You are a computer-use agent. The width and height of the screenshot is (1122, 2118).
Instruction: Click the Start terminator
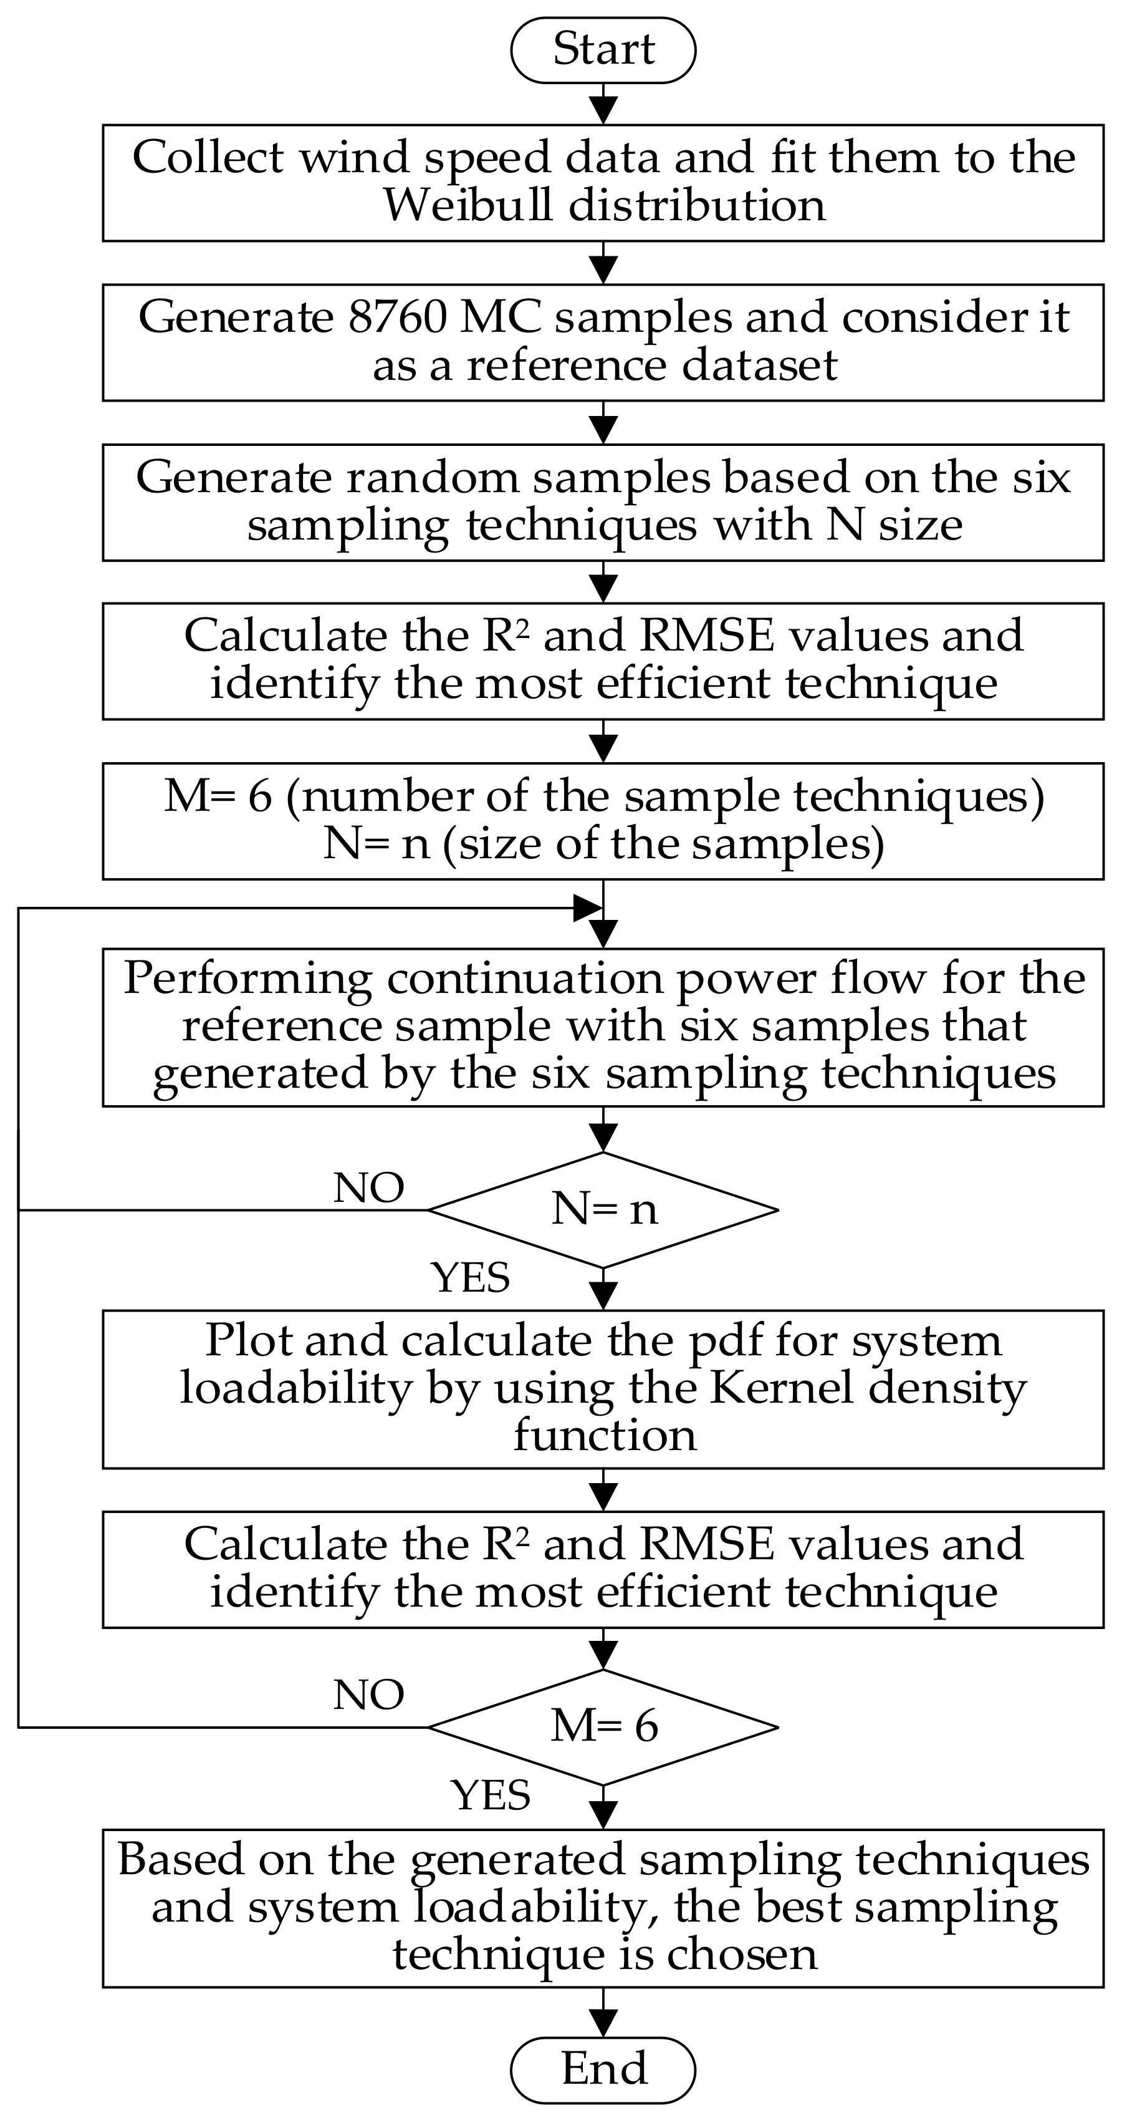pyautogui.click(x=603, y=49)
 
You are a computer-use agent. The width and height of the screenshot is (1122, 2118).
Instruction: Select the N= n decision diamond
pyautogui.click(x=603, y=1209)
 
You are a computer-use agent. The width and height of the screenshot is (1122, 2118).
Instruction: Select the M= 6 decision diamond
pyautogui.click(x=603, y=1726)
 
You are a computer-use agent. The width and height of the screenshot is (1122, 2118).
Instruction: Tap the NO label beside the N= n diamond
pyautogui.click(x=368, y=1187)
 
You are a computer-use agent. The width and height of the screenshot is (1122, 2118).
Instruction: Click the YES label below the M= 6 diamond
pyautogui.click(x=491, y=1794)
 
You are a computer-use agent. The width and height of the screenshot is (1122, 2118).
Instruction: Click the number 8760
pyautogui.click(x=398, y=317)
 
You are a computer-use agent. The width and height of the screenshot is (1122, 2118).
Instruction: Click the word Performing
pyautogui.click(x=247, y=979)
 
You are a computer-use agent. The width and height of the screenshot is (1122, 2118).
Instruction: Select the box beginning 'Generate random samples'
pyautogui.click(x=603, y=502)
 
